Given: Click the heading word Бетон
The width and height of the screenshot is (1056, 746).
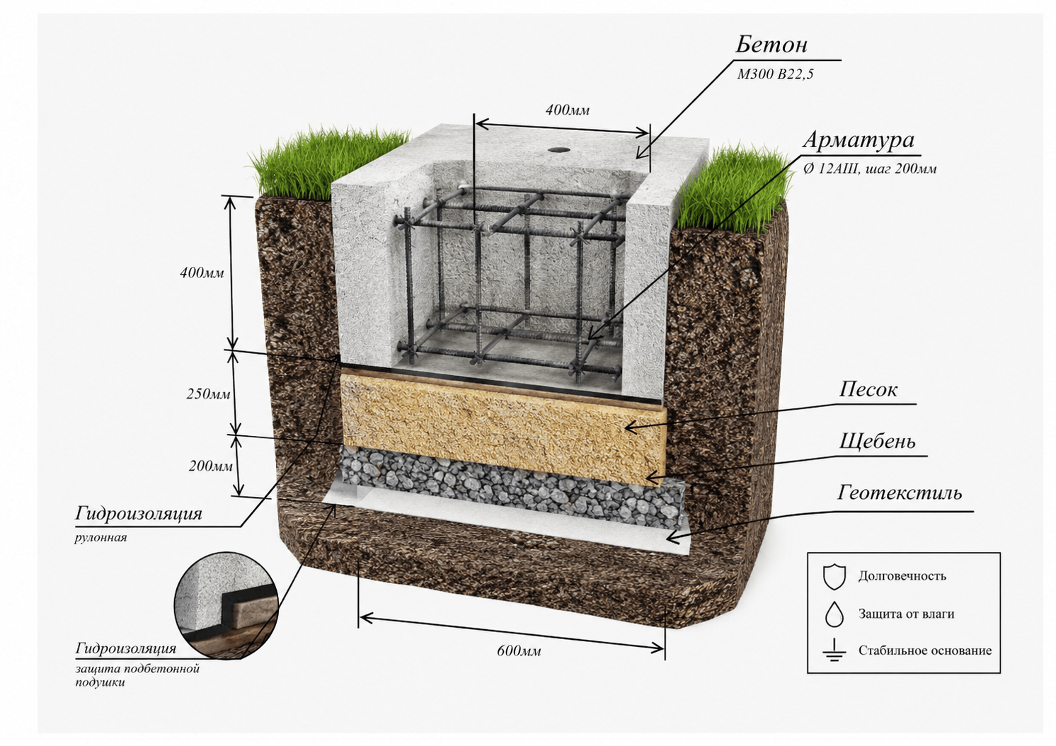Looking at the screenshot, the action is point(771,45).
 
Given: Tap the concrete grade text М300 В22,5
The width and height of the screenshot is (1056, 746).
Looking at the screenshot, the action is point(775,74).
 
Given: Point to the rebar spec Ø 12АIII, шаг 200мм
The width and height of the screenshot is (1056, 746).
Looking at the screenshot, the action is point(869,168).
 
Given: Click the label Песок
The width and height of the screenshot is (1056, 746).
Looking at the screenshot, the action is point(868,389).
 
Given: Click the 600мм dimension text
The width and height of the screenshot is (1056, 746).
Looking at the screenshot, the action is point(519,651).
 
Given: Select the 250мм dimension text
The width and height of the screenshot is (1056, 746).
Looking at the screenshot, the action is point(208,394).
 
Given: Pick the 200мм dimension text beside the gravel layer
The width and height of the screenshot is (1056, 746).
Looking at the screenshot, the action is point(211,466).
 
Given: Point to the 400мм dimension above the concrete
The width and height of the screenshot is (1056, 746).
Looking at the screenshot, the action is point(568,110).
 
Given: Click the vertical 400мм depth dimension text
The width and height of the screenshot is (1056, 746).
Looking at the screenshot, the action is point(202,272).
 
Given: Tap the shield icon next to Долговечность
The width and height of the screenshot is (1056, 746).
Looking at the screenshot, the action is point(834,577).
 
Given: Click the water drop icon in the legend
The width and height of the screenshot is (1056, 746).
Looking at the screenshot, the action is point(834,614).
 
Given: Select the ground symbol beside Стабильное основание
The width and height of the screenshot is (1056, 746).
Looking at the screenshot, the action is point(835,650).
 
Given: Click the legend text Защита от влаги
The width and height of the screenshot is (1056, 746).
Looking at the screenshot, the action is point(906,614).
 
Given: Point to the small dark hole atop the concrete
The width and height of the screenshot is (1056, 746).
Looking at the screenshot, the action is point(559,149).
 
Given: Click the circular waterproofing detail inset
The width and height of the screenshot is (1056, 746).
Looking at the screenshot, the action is point(226,605).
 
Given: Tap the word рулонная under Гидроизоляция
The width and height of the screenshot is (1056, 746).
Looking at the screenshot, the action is point(101,538).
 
